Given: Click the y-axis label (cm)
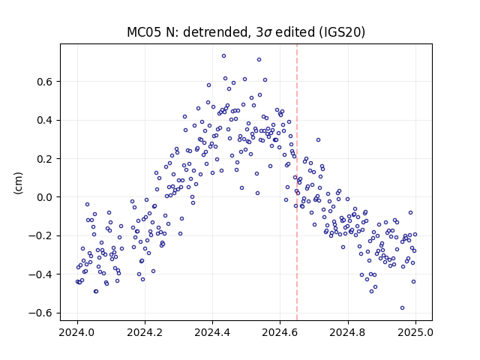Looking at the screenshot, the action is (x=18, y=183).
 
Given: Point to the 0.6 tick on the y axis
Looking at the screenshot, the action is (x=44, y=82).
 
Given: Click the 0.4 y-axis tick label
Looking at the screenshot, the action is (x=44, y=120).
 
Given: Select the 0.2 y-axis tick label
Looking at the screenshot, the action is (x=44, y=159).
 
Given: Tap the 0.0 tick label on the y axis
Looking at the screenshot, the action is (x=44, y=197).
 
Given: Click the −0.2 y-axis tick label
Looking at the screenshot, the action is (x=40, y=236).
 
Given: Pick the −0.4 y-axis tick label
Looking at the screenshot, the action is (x=40, y=274).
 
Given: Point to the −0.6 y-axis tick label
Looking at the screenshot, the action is (x=40, y=313).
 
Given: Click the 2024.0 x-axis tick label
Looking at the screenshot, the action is (x=77, y=332).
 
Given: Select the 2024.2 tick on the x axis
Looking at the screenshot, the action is (x=145, y=332).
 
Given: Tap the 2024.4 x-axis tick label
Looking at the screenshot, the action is (x=212, y=332).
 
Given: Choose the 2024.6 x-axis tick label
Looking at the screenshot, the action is (x=280, y=332).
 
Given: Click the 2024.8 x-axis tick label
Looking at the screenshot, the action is (x=348, y=332).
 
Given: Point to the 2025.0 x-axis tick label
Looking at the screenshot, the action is (x=415, y=332).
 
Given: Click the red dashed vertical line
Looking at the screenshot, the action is (x=297, y=182).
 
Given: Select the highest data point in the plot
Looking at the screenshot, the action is (x=223, y=56).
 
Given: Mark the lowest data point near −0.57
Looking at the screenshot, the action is (x=402, y=308).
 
